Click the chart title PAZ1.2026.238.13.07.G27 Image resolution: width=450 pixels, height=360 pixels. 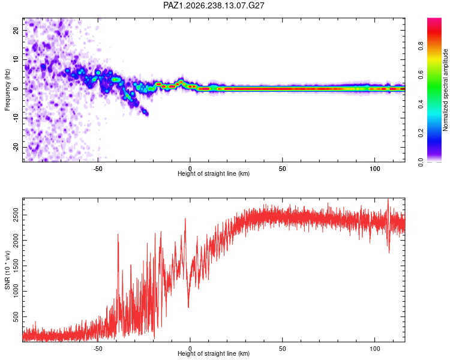click(x=214, y=5)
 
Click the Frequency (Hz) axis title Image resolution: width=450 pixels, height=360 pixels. click(x=7, y=90)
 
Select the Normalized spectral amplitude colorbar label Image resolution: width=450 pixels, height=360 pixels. click(x=445, y=90)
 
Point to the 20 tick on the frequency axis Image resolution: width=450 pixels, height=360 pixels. click(x=16, y=30)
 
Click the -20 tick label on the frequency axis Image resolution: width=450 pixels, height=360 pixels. click(x=16, y=148)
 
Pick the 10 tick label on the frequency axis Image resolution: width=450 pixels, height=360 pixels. click(x=16, y=59)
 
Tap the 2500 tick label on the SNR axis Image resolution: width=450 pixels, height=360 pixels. click(x=16, y=215)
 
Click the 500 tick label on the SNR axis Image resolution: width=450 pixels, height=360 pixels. click(x=16, y=317)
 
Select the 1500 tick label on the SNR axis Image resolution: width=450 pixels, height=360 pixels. click(x=16, y=266)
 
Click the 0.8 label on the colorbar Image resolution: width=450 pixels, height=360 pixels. click(x=421, y=46)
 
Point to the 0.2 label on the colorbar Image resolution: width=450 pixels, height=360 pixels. click(x=421, y=133)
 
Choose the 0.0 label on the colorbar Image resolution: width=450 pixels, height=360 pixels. click(x=421, y=162)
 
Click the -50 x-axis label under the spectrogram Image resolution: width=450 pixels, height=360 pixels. click(x=98, y=169)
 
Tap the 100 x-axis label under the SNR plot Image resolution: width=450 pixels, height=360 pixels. click(x=375, y=349)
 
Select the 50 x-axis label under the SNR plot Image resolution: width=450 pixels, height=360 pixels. click(x=283, y=349)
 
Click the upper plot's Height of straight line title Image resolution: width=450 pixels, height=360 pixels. click(x=214, y=173)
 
